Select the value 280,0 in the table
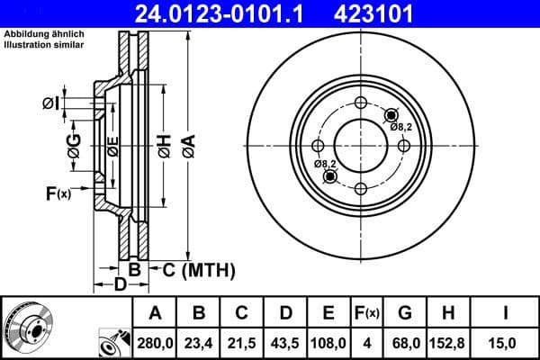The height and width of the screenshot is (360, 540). tap(155, 342)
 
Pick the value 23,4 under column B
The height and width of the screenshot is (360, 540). tap(199, 342)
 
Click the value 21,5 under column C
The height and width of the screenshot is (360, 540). tap(242, 342)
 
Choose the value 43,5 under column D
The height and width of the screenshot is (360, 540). tap(285, 342)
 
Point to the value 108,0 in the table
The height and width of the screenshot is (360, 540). tap(328, 342)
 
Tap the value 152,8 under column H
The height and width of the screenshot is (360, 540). tap(448, 342)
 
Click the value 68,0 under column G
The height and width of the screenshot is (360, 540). tap(405, 342)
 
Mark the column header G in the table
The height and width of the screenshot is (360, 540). tap(405, 314)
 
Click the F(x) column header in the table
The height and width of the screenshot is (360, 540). tap(367, 314)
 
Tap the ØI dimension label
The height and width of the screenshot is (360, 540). tap(51, 103)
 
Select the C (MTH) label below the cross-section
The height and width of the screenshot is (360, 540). tap(192, 269)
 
